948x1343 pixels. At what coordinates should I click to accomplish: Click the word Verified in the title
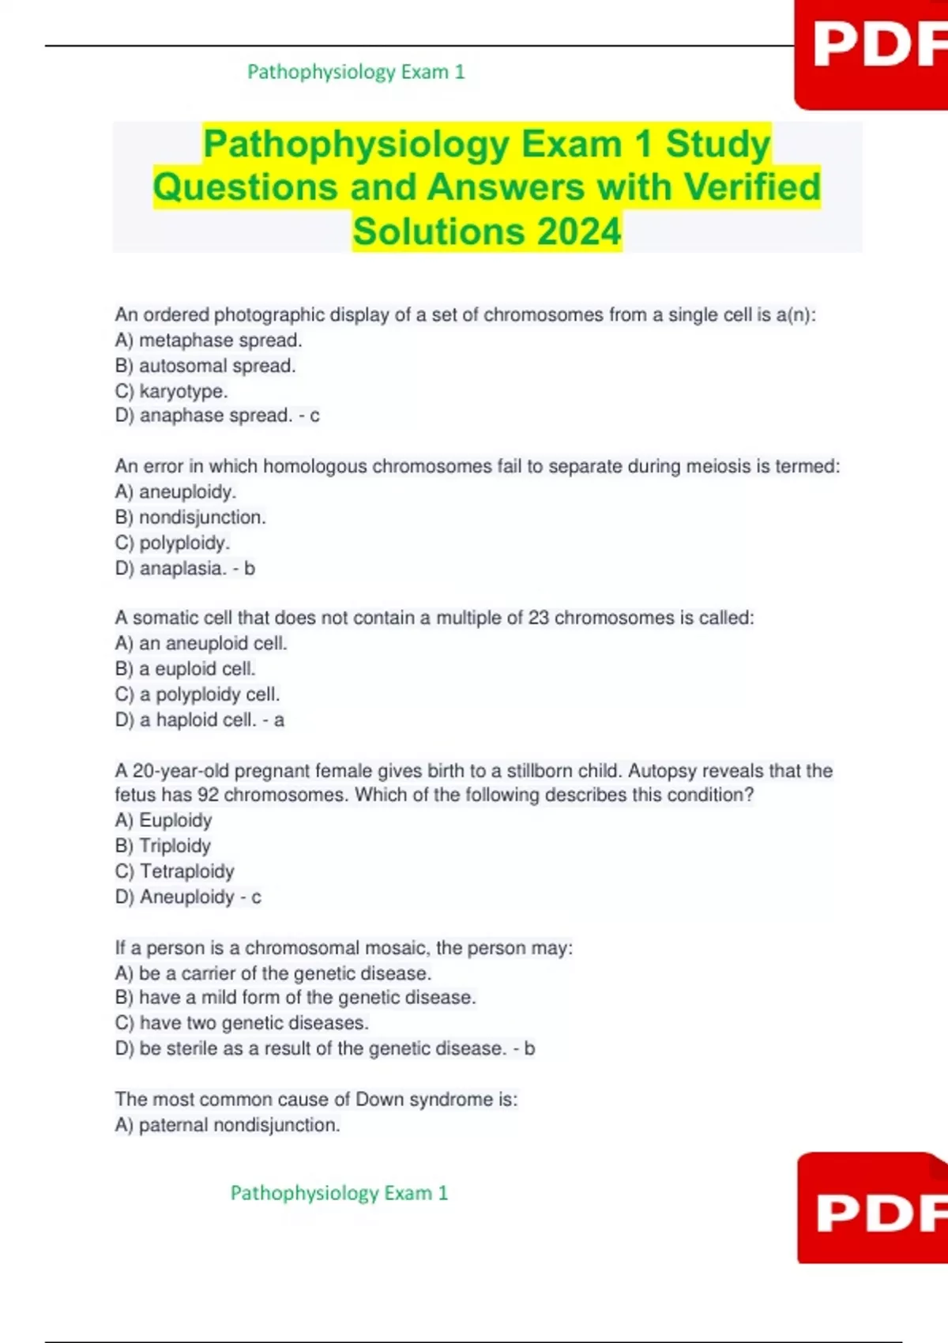tap(752, 187)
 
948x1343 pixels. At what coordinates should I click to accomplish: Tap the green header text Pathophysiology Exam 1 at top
tap(355, 72)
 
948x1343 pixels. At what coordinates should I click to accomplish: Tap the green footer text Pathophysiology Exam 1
tap(339, 1193)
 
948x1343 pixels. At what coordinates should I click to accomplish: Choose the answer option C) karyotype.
tap(171, 391)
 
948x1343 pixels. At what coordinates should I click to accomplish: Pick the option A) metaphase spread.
tap(209, 340)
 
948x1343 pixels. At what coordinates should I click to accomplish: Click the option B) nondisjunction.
tap(190, 517)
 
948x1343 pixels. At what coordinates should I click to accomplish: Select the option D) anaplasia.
tap(171, 568)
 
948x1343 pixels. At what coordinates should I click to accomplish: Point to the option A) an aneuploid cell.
tap(201, 643)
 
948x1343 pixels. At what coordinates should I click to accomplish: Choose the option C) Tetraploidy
tap(175, 871)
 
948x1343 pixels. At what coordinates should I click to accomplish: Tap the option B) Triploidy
tap(163, 846)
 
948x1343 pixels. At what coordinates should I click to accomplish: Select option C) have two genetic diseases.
tap(242, 1023)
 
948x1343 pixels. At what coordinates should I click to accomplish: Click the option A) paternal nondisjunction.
tap(228, 1125)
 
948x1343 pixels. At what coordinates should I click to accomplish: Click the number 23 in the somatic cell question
tap(538, 618)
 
